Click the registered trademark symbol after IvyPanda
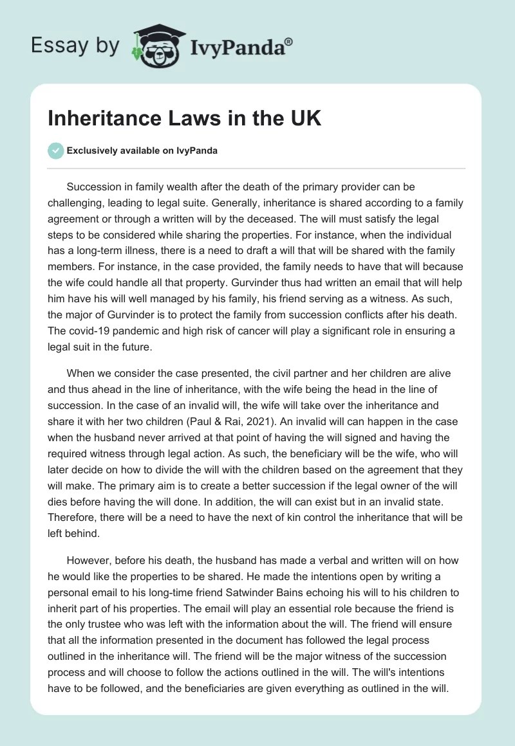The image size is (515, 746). click(288, 41)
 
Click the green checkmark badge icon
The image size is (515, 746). click(55, 150)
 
